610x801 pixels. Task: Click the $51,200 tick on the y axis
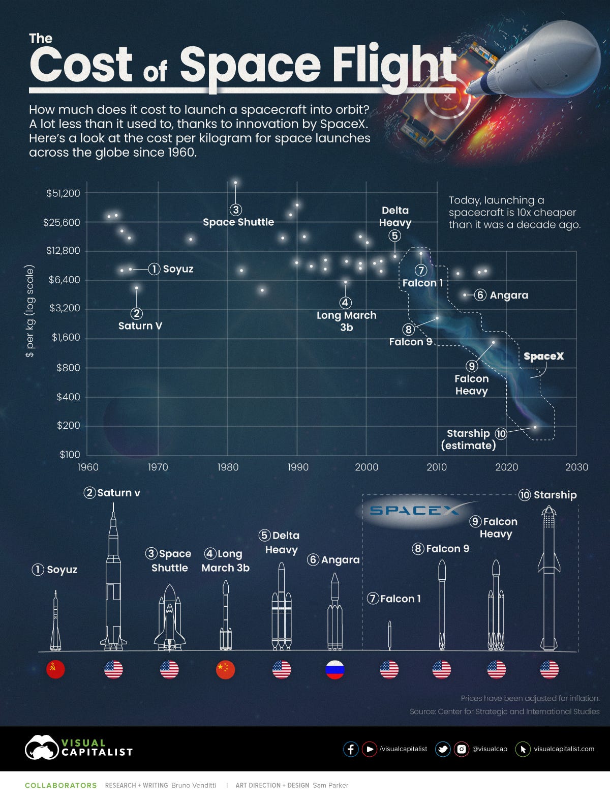pyautogui.click(x=63, y=193)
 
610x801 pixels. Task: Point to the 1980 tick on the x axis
pyautogui.click(x=227, y=467)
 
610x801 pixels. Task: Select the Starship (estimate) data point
pyautogui.click(x=535, y=427)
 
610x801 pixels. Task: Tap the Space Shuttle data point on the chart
pyautogui.click(x=235, y=183)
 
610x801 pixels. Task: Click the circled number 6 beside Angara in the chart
pyautogui.click(x=480, y=295)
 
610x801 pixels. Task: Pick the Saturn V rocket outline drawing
pyautogui.click(x=113, y=580)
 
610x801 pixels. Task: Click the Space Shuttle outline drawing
pyautogui.click(x=170, y=618)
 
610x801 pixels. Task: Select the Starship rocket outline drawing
pyautogui.click(x=549, y=580)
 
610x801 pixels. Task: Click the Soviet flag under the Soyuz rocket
pyautogui.click(x=55, y=670)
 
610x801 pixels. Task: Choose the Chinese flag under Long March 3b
pyautogui.click(x=225, y=670)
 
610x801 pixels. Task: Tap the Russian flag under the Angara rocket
pyautogui.click(x=335, y=670)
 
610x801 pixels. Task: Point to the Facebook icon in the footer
pyautogui.click(x=351, y=749)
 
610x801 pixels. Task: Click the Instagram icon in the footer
pyautogui.click(x=461, y=749)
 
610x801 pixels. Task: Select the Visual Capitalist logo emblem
pyautogui.click(x=41, y=748)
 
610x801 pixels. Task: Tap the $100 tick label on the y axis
pyautogui.click(x=70, y=455)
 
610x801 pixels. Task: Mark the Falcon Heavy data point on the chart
pyautogui.click(x=493, y=342)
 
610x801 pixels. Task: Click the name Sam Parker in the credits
pyautogui.click(x=330, y=785)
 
